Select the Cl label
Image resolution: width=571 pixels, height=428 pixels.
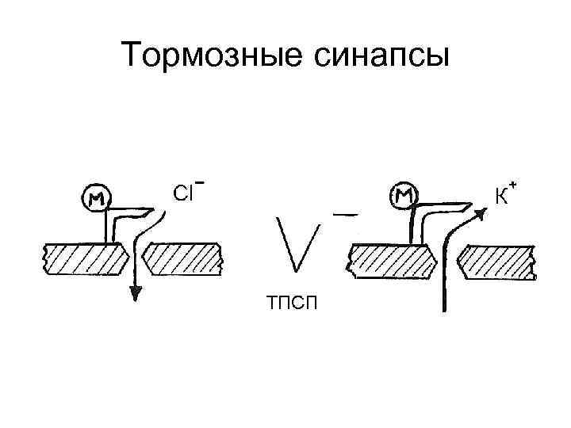coord(182,193)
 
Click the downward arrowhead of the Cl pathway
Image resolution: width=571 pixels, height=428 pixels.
coord(136,293)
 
